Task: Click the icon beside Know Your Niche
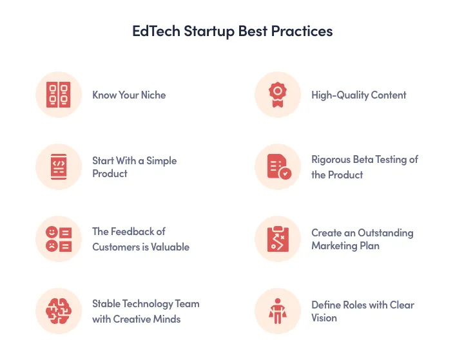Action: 59,95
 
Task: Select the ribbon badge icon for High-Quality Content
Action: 278,95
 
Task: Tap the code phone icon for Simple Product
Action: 59,167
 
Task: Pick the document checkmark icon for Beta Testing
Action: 278,167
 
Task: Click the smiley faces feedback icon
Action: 59,239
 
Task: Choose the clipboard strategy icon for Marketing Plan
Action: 278,239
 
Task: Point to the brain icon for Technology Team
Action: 59,311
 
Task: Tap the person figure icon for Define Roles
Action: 278,311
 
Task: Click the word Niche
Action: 153,95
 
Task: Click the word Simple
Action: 160,160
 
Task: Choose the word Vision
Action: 324,317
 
